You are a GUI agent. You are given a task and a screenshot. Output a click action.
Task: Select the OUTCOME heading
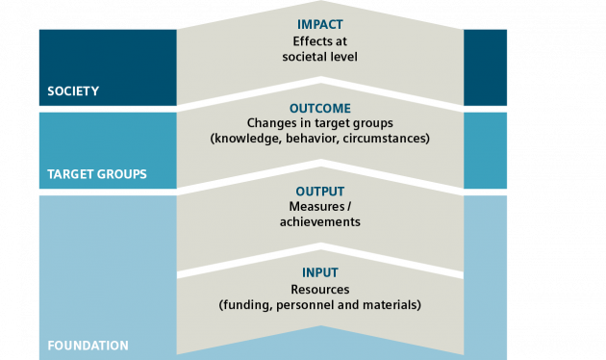(320, 108)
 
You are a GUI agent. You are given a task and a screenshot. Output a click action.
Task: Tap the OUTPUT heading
(320, 191)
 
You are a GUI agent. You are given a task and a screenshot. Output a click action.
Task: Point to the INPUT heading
(320, 272)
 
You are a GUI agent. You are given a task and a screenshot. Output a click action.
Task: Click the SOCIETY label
(73, 92)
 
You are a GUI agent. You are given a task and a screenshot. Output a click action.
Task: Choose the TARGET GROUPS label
(97, 174)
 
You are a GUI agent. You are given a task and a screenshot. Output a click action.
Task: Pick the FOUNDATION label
(88, 345)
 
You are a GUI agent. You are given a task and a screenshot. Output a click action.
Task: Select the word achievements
(320, 221)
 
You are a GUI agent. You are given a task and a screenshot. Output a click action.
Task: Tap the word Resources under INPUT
(320, 289)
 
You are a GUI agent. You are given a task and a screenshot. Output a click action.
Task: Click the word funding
(245, 305)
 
